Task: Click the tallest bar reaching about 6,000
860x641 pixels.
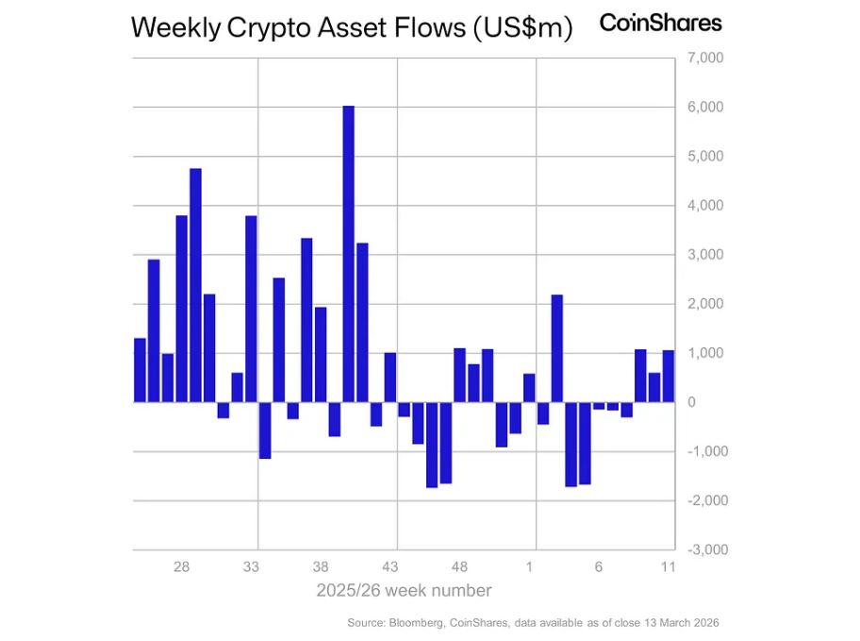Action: [348, 254]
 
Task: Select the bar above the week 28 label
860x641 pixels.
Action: [182, 309]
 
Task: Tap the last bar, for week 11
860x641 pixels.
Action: [668, 376]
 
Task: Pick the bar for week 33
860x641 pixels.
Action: [251, 309]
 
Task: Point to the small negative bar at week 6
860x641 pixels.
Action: [599, 406]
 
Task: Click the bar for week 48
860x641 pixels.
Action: [459, 375]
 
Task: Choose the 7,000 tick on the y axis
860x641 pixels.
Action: [704, 59]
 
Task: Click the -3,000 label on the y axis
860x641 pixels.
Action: [703, 549]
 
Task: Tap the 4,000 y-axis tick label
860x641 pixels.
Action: [704, 206]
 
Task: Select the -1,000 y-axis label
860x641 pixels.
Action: [703, 451]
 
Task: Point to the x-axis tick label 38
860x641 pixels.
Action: [321, 567]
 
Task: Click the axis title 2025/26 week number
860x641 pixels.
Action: [404, 591]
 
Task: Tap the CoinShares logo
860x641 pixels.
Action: [660, 23]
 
